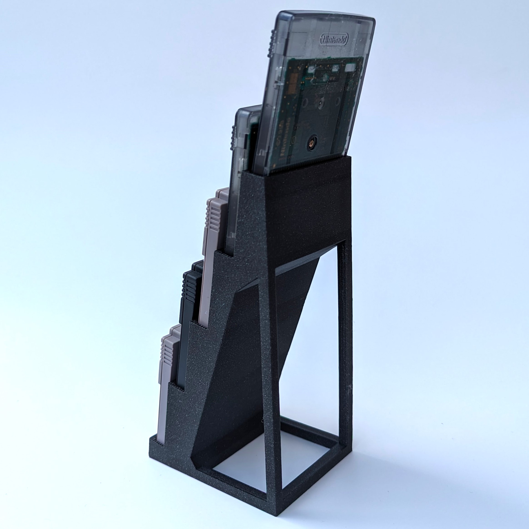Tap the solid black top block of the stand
pos(307,208)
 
